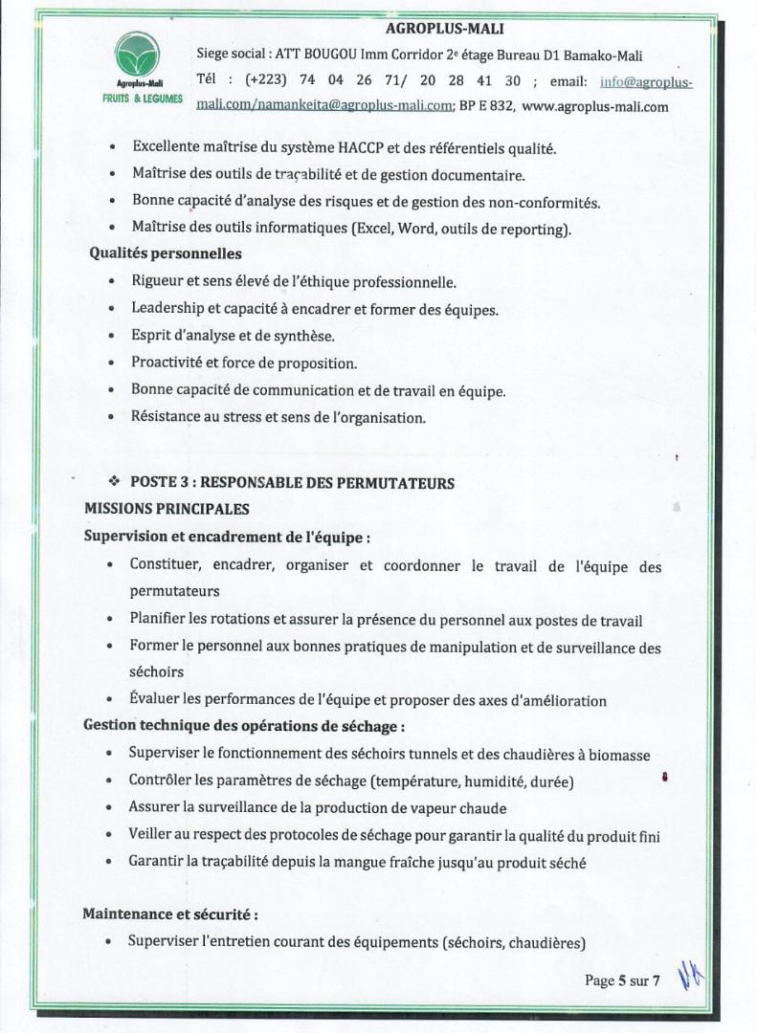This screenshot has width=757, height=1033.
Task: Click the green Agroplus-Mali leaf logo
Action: (138, 55)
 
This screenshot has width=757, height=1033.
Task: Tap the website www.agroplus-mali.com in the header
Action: (595, 107)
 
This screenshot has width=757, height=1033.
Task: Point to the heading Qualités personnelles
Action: (166, 253)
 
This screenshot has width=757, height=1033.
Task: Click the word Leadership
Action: (167, 309)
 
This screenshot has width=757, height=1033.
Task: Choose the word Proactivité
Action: (168, 363)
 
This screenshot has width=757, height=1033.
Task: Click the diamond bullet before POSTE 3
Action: (114, 483)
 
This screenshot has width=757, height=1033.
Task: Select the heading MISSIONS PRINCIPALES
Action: (167, 509)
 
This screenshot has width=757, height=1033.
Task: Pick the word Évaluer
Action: (157, 700)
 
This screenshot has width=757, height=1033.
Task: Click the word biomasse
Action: (618, 755)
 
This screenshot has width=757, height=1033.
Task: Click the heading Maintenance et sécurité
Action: (169, 914)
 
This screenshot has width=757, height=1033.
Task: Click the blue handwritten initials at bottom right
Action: (691, 976)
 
